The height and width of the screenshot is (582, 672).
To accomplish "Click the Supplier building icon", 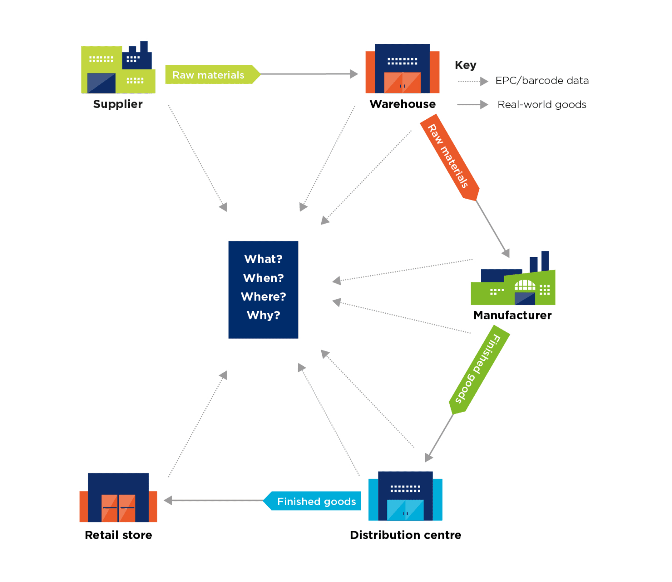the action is pos(118,67).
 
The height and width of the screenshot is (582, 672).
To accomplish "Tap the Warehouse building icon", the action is pos(402,69).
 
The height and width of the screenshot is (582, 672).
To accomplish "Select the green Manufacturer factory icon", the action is pos(513,278).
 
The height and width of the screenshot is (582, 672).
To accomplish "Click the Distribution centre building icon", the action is pos(405,496).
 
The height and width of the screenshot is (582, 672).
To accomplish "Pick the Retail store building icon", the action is pos(118,498).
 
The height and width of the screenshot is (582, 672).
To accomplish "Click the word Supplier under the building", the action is pos(118,104).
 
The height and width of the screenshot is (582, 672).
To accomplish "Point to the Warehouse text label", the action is pos(402,104).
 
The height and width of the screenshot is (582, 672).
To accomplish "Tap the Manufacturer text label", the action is pos(513,315).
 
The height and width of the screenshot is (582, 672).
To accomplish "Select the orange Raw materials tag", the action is pos(450,157).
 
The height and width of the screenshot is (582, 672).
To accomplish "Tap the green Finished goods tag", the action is pos(479,370).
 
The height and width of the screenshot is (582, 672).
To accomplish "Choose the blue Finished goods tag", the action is pos(312,501).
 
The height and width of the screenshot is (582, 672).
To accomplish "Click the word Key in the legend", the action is pos(466,65).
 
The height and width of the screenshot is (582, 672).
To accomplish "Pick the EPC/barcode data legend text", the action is pos(542,81).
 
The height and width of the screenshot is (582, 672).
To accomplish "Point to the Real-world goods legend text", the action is pos(542,104).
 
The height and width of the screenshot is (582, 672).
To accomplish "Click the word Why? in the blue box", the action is pos(263,315).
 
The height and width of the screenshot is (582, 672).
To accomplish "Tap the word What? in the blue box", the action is pos(263,259).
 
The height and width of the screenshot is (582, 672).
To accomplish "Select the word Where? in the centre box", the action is pos(263,297).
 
